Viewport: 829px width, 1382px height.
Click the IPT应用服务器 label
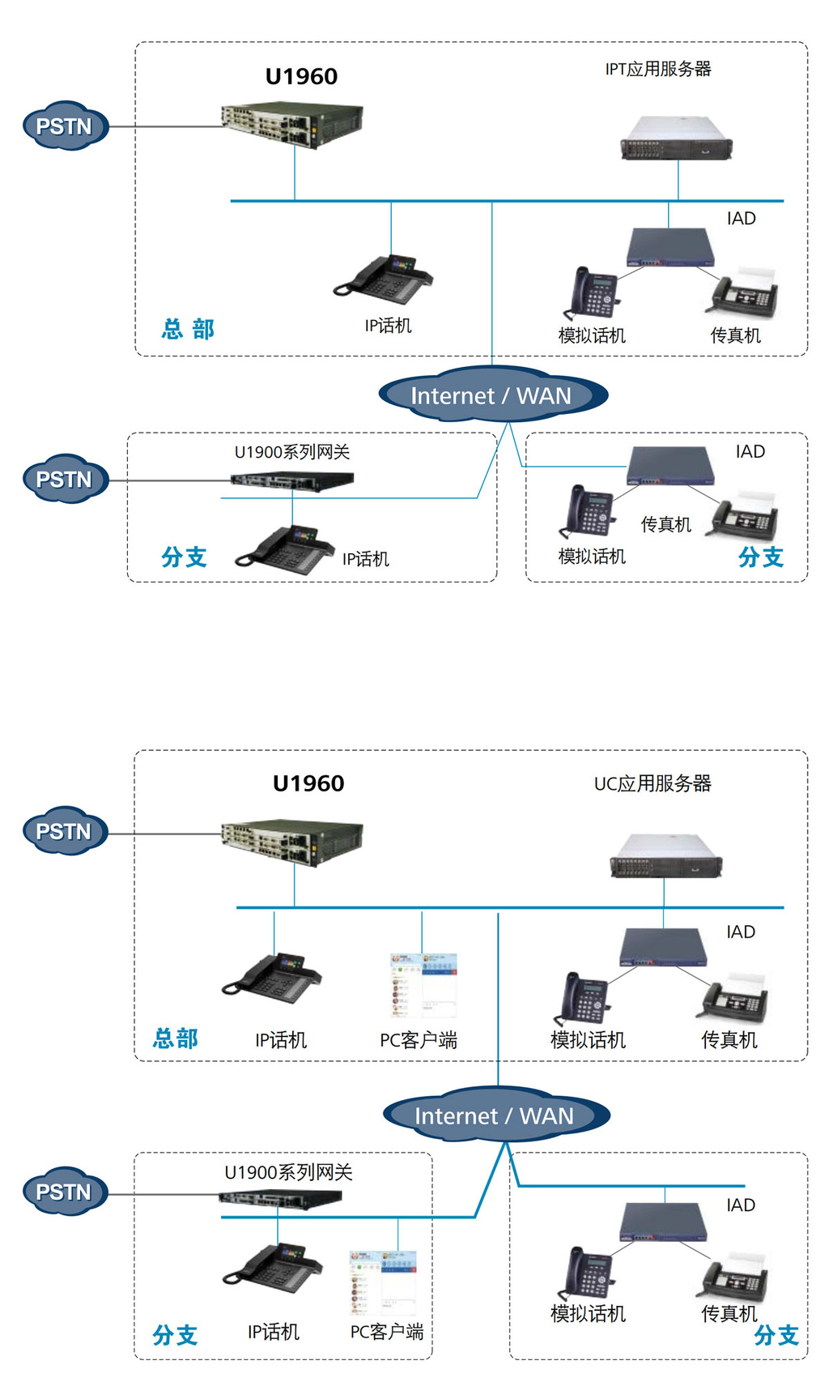coord(657,69)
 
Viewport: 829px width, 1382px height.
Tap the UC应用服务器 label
coord(652,783)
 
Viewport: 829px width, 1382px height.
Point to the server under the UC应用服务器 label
coord(666,855)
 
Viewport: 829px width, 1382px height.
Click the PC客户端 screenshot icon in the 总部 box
coord(423,985)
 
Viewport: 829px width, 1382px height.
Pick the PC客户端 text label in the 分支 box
coord(386,1332)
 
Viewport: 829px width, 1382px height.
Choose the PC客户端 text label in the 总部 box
coord(419,1040)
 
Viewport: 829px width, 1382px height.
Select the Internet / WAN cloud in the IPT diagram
coord(493,395)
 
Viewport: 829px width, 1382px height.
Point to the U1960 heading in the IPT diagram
coord(301,76)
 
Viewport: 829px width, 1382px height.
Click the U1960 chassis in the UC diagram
coord(292,842)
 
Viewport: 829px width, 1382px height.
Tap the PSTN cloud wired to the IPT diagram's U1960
coord(66,126)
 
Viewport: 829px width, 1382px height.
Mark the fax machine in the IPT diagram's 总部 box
coord(745,292)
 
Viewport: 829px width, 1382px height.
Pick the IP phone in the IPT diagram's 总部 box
coord(384,278)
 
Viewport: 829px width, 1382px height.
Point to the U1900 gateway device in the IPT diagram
coord(292,481)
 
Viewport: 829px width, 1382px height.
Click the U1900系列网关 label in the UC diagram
coord(288,1172)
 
